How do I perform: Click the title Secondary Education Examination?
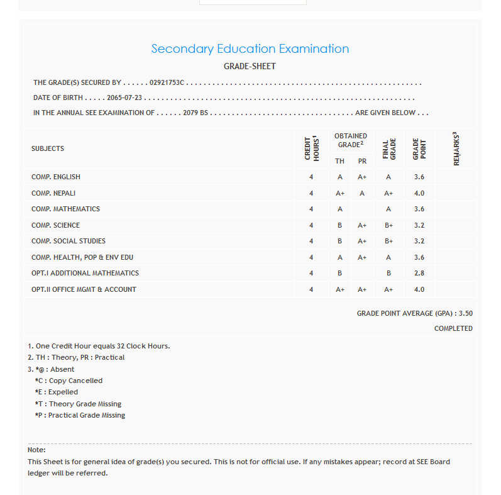(x=250, y=49)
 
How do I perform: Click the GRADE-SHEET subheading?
(x=250, y=67)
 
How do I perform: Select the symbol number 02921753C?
(x=167, y=83)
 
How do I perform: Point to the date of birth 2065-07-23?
(x=124, y=98)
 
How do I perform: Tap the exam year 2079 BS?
(x=195, y=113)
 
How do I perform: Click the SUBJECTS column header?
(x=48, y=149)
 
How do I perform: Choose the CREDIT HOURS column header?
(x=312, y=148)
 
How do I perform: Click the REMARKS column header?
(x=457, y=148)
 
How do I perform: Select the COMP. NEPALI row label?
(x=53, y=193)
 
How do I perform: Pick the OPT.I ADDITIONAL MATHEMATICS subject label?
(x=85, y=274)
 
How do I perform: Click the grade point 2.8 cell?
(x=419, y=274)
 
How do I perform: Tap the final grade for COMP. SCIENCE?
(x=388, y=225)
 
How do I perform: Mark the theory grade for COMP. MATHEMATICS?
(x=339, y=209)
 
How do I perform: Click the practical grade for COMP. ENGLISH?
(x=362, y=177)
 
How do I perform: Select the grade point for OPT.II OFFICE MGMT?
(x=419, y=290)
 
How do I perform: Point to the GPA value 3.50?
(x=466, y=313)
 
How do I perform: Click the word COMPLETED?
(x=453, y=329)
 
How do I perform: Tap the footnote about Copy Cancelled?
(x=69, y=381)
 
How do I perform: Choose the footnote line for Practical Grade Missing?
(x=80, y=416)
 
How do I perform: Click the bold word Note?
(x=36, y=450)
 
